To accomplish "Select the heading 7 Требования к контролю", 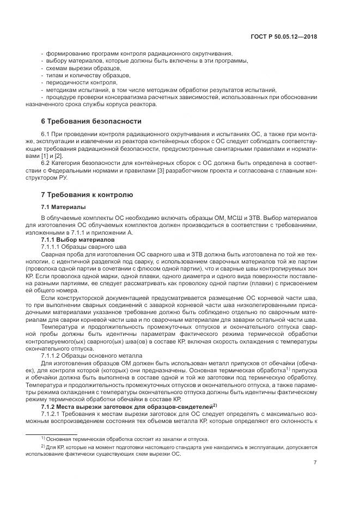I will pos(88,194).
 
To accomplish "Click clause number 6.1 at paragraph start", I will pos(46,134).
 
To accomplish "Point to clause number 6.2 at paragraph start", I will pos(46,162).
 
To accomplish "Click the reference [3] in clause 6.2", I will pos(162,162).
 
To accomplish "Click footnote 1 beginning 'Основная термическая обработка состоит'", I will pos(123,439).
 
